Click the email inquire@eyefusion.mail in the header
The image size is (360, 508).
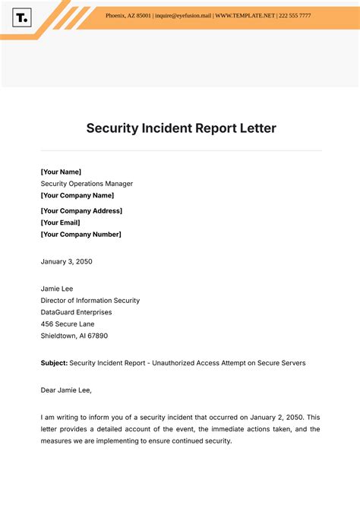[x=182, y=15]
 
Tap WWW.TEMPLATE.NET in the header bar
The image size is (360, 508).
[x=244, y=15]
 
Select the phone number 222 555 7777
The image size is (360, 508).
[x=294, y=15]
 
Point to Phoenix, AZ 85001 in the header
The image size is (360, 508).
[x=128, y=15]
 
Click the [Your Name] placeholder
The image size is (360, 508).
[x=61, y=172]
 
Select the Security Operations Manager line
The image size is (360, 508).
[x=87, y=184]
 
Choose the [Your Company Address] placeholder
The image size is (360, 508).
[x=81, y=211]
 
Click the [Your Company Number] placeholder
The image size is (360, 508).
[x=81, y=235]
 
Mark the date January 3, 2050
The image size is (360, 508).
[x=66, y=261]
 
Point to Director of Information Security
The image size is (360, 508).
[x=90, y=301]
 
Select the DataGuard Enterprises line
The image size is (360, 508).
[x=76, y=312]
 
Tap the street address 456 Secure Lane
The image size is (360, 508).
[x=68, y=324]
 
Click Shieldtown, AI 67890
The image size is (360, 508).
[x=74, y=336]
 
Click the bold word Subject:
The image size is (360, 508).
[x=54, y=363]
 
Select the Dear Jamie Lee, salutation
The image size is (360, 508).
[x=65, y=390]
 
